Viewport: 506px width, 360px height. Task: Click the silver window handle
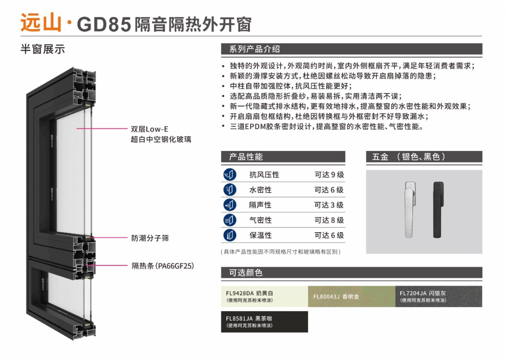click(410, 210)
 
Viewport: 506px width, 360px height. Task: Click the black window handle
click(438, 210)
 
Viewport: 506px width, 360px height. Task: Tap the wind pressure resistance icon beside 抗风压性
click(230, 175)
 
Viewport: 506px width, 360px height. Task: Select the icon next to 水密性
click(230, 190)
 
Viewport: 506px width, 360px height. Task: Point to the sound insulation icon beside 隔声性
click(230, 205)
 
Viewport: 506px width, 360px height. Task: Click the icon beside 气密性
click(230, 220)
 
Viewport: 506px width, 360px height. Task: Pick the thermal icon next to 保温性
click(230, 235)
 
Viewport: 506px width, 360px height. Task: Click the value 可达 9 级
click(329, 175)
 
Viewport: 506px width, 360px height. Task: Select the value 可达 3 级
click(329, 205)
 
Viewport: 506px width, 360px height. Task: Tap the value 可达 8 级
click(329, 220)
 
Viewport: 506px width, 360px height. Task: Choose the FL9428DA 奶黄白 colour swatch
click(265, 296)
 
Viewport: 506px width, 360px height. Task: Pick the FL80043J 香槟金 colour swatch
click(352, 296)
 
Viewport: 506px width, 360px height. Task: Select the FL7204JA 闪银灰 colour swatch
click(439, 296)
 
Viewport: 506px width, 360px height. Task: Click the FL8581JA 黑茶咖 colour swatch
click(265, 322)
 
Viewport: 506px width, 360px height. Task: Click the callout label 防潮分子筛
click(150, 238)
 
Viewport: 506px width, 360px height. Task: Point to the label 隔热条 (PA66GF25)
click(163, 266)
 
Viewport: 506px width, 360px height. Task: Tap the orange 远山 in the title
click(41, 22)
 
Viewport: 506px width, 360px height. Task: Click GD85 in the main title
click(104, 24)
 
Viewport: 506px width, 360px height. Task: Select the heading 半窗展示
click(43, 49)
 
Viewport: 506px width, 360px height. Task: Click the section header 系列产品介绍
click(255, 49)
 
